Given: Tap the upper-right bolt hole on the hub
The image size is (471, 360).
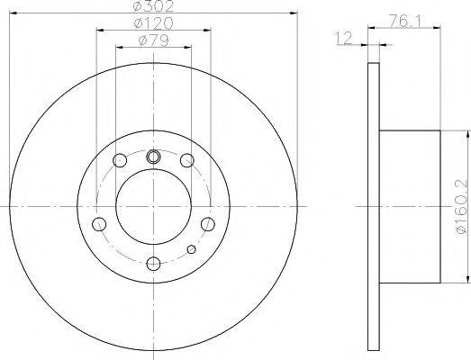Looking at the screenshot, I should point(186,161).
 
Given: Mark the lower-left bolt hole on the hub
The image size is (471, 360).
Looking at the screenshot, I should point(101,224).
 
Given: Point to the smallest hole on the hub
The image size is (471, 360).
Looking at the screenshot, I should point(190,249).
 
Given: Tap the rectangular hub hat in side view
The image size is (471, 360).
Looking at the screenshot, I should point(410,206).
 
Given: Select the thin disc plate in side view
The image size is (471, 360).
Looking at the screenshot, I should point(374,206).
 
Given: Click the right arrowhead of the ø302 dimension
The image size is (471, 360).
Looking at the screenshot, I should point(293,13).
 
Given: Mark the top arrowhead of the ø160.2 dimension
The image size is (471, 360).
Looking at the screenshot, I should point(467,133).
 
